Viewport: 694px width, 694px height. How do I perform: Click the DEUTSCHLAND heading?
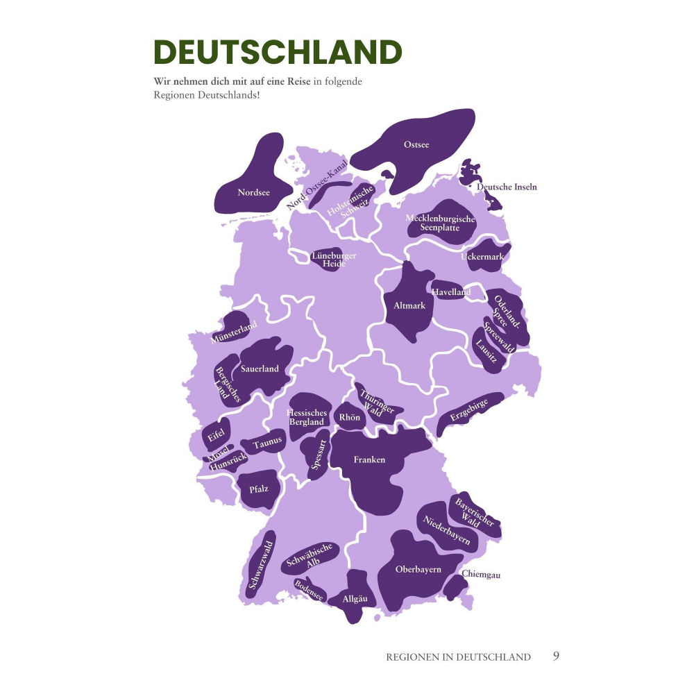pyautogui.click(x=278, y=53)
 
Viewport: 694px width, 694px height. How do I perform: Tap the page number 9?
pyautogui.click(x=556, y=656)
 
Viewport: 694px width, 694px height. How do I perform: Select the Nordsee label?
pyautogui.click(x=253, y=192)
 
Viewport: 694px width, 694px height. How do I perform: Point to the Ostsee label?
pyautogui.click(x=416, y=145)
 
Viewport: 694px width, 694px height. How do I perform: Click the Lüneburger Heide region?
pyautogui.click(x=333, y=260)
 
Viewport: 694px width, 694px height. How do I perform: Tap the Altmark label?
pyautogui.click(x=409, y=305)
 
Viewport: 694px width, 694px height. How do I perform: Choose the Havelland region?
pyautogui.click(x=451, y=292)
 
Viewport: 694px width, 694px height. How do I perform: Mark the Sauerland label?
pyautogui.click(x=260, y=369)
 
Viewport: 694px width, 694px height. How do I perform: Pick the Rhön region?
pyautogui.click(x=349, y=417)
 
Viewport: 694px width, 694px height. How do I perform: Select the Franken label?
pyautogui.click(x=369, y=459)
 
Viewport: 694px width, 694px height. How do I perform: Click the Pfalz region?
pyautogui.click(x=258, y=489)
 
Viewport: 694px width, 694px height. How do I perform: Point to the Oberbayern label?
pyautogui.click(x=418, y=570)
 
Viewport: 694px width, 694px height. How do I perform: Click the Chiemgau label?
pyautogui.click(x=481, y=575)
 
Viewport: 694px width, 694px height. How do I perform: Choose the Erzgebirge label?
pyautogui.click(x=468, y=409)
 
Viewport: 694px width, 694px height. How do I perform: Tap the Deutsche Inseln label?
pyautogui.click(x=507, y=187)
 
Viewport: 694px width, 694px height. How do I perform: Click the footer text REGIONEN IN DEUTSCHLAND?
pyautogui.click(x=458, y=657)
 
